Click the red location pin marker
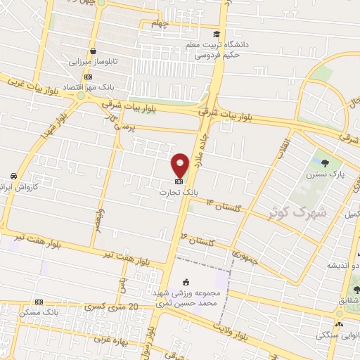click(x=180, y=165)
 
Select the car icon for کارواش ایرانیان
click(x=13, y=176)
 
